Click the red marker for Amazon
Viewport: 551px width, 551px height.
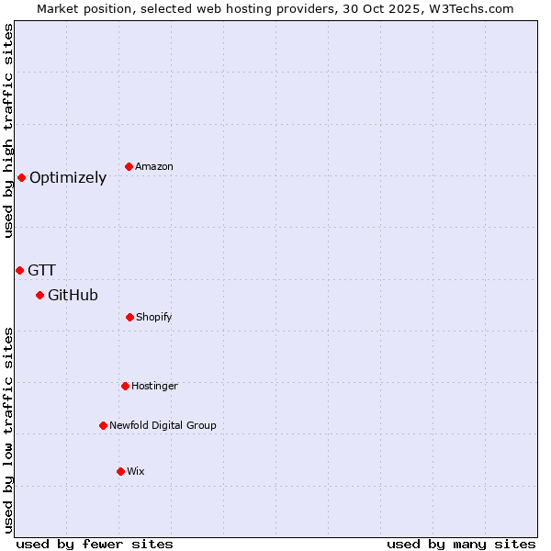click(x=129, y=166)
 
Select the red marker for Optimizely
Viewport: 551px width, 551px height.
click(x=21, y=177)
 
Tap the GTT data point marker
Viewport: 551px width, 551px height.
click(x=19, y=270)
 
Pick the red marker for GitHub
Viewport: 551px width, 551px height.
click(x=39, y=295)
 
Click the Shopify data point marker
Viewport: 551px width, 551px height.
click(x=129, y=317)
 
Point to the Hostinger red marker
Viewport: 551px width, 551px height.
click(x=125, y=386)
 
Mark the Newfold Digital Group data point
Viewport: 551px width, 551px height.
click(x=103, y=425)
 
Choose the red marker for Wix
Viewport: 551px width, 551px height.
click(x=120, y=471)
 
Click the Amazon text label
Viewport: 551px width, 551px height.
click(x=154, y=166)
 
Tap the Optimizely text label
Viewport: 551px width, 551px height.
click(x=68, y=178)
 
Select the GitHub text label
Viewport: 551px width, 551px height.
click(x=73, y=295)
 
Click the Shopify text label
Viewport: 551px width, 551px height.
click(x=154, y=317)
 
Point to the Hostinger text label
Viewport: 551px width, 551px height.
click(x=154, y=386)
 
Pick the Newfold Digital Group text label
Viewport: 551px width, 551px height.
click(x=163, y=425)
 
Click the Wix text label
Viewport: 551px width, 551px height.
click(x=136, y=471)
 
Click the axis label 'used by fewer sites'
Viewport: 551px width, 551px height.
click(x=95, y=544)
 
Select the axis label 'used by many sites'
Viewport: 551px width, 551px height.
click(x=461, y=544)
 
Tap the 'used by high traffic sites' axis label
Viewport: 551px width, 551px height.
click(x=8, y=130)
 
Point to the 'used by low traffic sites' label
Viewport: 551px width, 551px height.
click(x=8, y=430)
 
